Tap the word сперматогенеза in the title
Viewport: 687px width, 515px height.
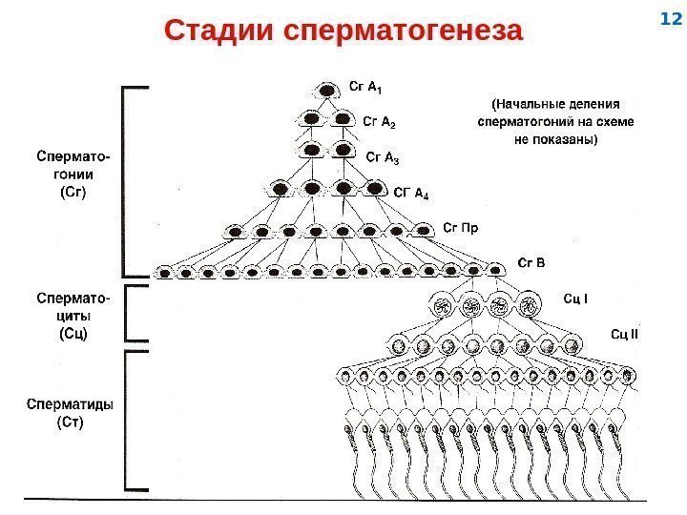(x=405, y=30)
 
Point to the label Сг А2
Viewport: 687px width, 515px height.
(x=380, y=122)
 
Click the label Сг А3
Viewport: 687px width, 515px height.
(x=384, y=156)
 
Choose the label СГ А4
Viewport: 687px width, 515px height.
(x=412, y=192)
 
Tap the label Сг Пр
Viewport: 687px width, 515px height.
(x=461, y=227)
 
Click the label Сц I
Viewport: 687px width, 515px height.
(x=575, y=299)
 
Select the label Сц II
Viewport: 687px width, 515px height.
(x=624, y=333)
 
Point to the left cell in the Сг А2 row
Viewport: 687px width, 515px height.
(x=312, y=119)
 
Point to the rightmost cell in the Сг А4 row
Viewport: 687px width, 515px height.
(x=372, y=188)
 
